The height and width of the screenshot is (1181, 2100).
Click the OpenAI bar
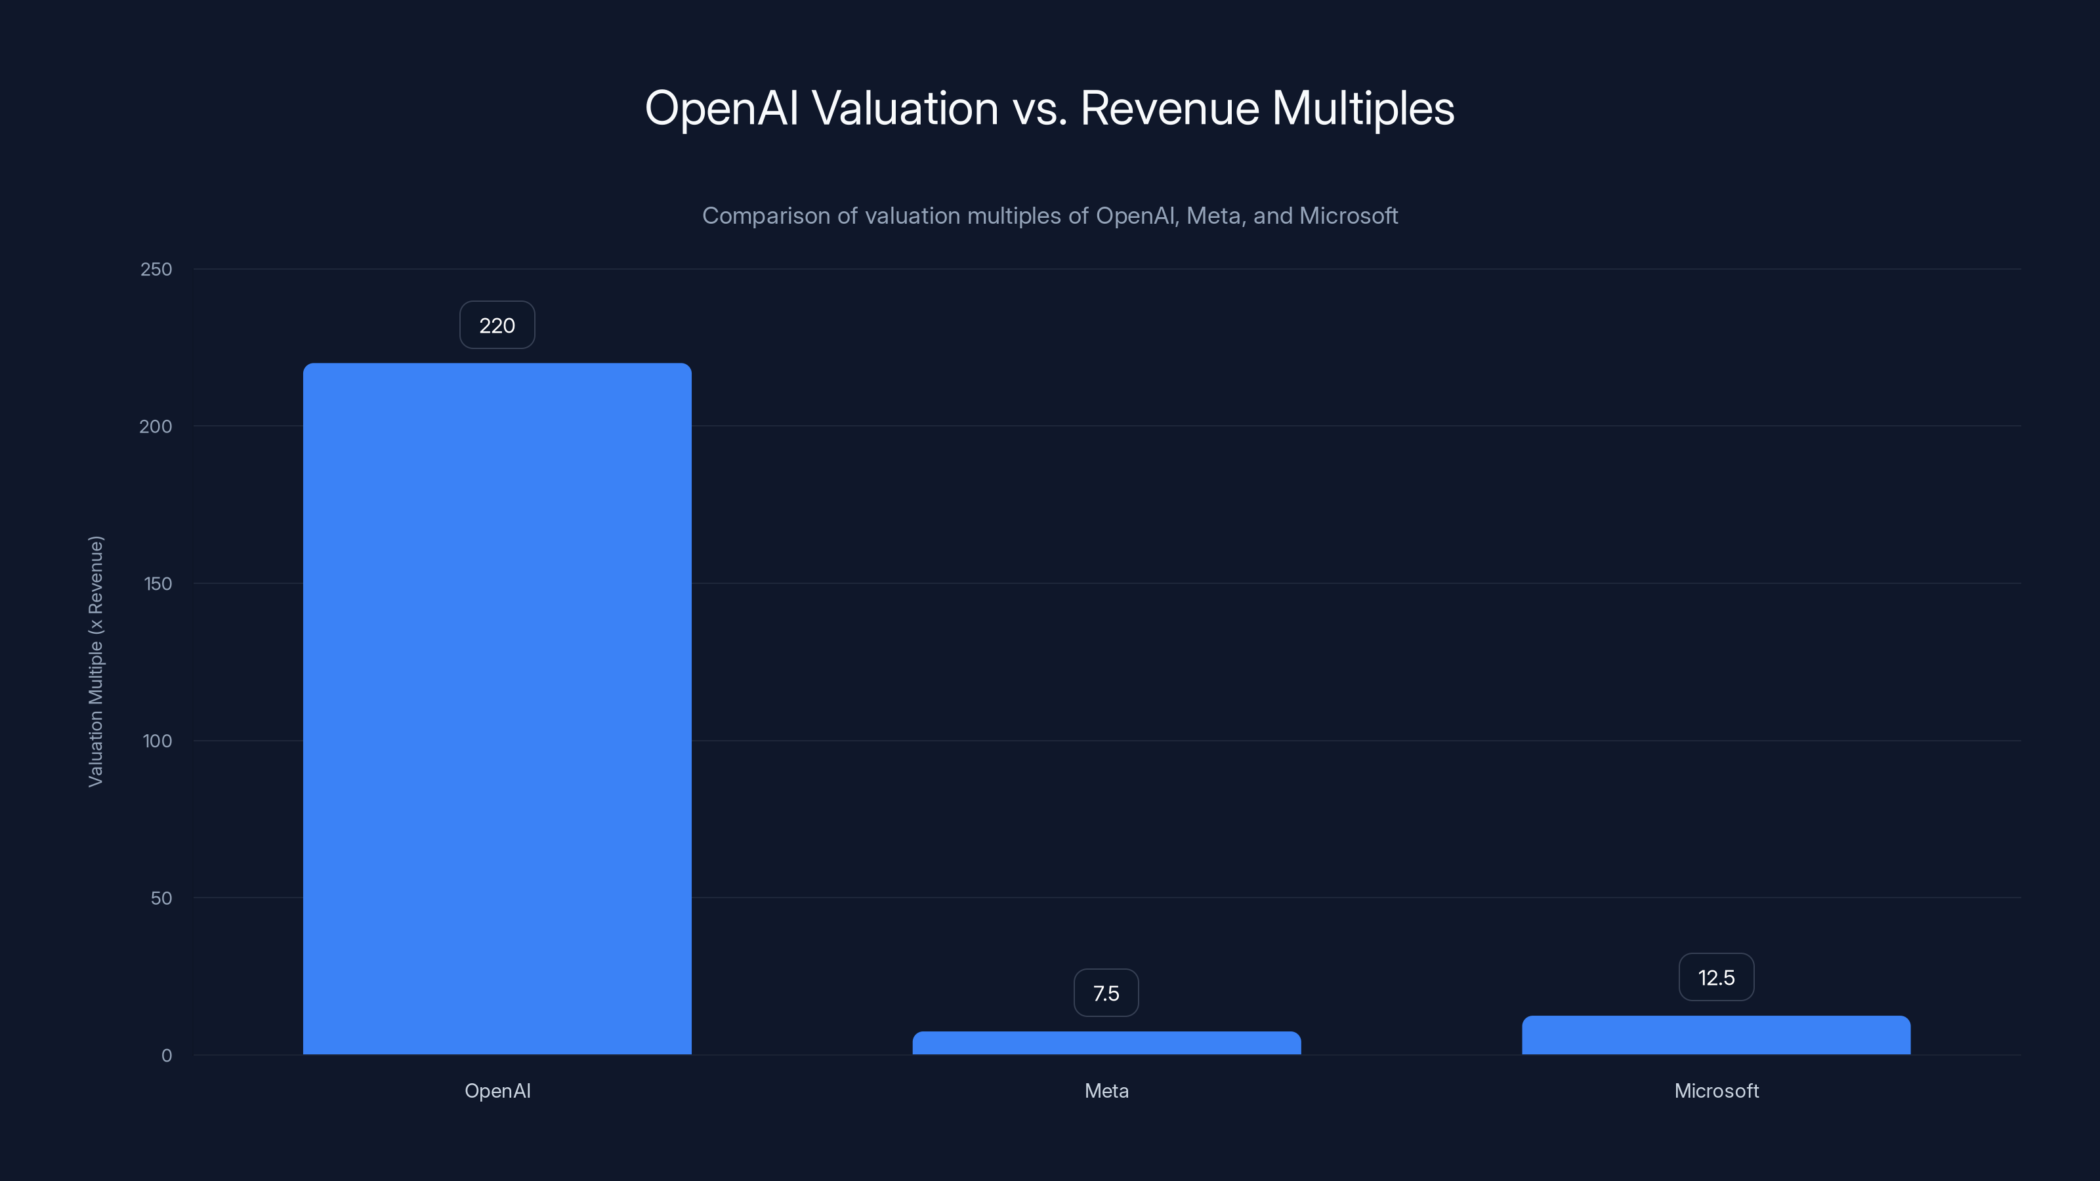[497, 709]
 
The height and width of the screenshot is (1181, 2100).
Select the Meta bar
[1106, 1043]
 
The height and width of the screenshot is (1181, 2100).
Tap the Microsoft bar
[1716, 1035]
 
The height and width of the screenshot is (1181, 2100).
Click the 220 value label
[497, 325]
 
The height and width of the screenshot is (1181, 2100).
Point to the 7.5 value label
[1106, 993]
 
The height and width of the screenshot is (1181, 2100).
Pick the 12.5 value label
[1716, 977]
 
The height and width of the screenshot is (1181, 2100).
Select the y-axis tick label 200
[156, 426]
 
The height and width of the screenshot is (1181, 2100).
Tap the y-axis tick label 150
[157, 583]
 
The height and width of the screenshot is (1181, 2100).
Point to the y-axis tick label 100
[157, 741]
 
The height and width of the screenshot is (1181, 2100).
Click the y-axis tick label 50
[161, 898]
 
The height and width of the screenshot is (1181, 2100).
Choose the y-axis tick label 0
[166, 1056]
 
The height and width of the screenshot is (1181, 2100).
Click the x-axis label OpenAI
[497, 1090]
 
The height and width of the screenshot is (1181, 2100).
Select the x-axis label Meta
[1106, 1090]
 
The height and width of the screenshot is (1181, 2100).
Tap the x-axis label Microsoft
[1716, 1090]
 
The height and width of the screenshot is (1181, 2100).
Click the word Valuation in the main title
[905, 108]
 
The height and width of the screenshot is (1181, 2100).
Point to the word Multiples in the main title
[1362, 108]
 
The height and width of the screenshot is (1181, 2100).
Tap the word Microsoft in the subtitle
[1349, 216]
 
